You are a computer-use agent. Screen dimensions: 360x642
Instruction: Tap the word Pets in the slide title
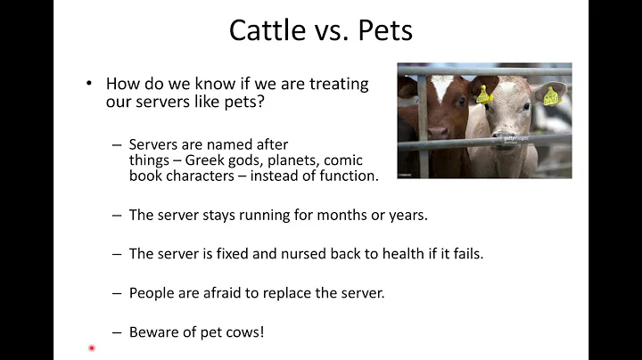click(x=381, y=29)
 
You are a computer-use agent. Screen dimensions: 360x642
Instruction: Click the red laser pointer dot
click(x=91, y=348)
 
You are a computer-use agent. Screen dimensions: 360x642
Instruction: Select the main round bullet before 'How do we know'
click(x=89, y=83)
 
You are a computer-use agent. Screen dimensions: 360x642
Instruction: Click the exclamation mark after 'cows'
click(x=262, y=331)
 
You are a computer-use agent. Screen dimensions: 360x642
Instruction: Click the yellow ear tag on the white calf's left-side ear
click(x=484, y=94)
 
